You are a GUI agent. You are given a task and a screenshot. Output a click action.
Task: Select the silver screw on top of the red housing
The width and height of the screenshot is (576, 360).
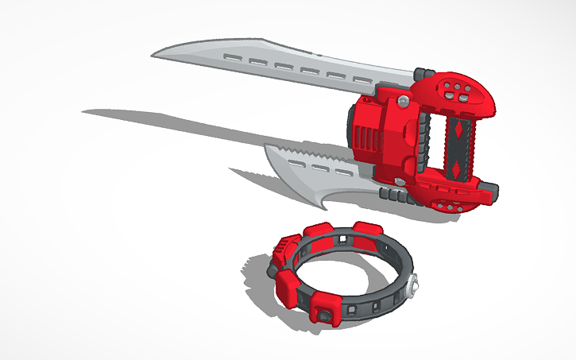coord(405,100)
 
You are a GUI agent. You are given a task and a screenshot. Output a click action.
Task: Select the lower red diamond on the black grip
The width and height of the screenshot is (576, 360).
coord(452,166)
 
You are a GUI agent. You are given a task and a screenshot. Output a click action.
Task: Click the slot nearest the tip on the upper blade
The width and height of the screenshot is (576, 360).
coord(233,57)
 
